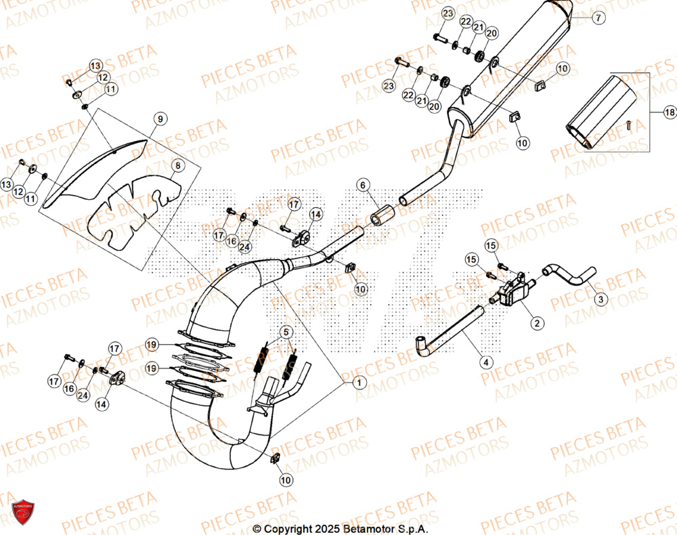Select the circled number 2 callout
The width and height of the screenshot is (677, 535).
click(536, 324)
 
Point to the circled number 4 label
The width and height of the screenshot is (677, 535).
click(486, 362)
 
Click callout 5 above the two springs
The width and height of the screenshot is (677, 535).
click(286, 333)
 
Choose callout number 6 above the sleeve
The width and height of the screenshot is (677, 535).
click(362, 185)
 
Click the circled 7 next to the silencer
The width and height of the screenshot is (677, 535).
click(598, 19)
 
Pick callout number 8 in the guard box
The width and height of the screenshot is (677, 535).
click(177, 165)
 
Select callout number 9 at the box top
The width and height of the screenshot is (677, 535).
click(160, 119)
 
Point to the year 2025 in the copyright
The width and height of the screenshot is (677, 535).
click(326, 529)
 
